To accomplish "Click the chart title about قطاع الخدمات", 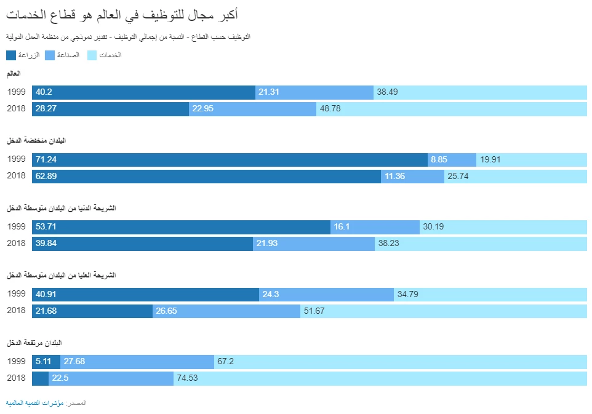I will [x=122, y=15].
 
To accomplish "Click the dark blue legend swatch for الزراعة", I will [x=12, y=55].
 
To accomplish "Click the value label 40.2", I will [x=44, y=92].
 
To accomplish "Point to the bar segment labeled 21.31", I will [x=314, y=92].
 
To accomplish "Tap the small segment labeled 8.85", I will [x=452, y=159].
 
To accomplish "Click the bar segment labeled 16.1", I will [x=375, y=227].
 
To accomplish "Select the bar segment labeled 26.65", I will [x=226, y=311].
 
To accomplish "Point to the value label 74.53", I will [x=187, y=378].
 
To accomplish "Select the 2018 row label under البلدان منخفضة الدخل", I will [x=16, y=176].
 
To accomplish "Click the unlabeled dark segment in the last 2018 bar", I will [x=40, y=378].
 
